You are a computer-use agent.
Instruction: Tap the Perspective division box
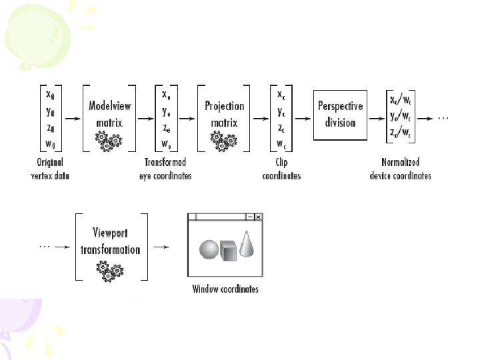pyautogui.click(x=341, y=114)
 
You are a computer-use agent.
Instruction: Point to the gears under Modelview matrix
pyautogui.click(x=109, y=139)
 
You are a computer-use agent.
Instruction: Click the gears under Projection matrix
pyautogui.click(x=224, y=139)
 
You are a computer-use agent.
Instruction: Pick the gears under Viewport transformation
pyautogui.click(x=109, y=270)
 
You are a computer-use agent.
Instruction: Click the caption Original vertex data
pyautogui.click(x=50, y=169)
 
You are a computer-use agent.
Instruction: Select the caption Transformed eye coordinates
pyautogui.click(x=168, y=169)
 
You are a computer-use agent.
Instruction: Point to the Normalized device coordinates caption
pyautogui.click(x=400, y=169)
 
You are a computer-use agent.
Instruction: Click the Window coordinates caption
pyautogui.click(x=225, y=289)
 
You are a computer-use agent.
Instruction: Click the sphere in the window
pyautogui.click(x=209, y=251)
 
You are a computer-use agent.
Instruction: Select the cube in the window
pyautogui.click(x=229, y=253)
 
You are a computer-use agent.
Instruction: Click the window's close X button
pyautogui.click(x=258, y=217)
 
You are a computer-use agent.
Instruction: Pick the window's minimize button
pyautogui.click(x=249, y=217)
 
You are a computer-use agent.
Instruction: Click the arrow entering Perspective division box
pyautogui.click(x=302, y=119)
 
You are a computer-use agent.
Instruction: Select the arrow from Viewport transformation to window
pyautogui.click(x=161, y=246)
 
